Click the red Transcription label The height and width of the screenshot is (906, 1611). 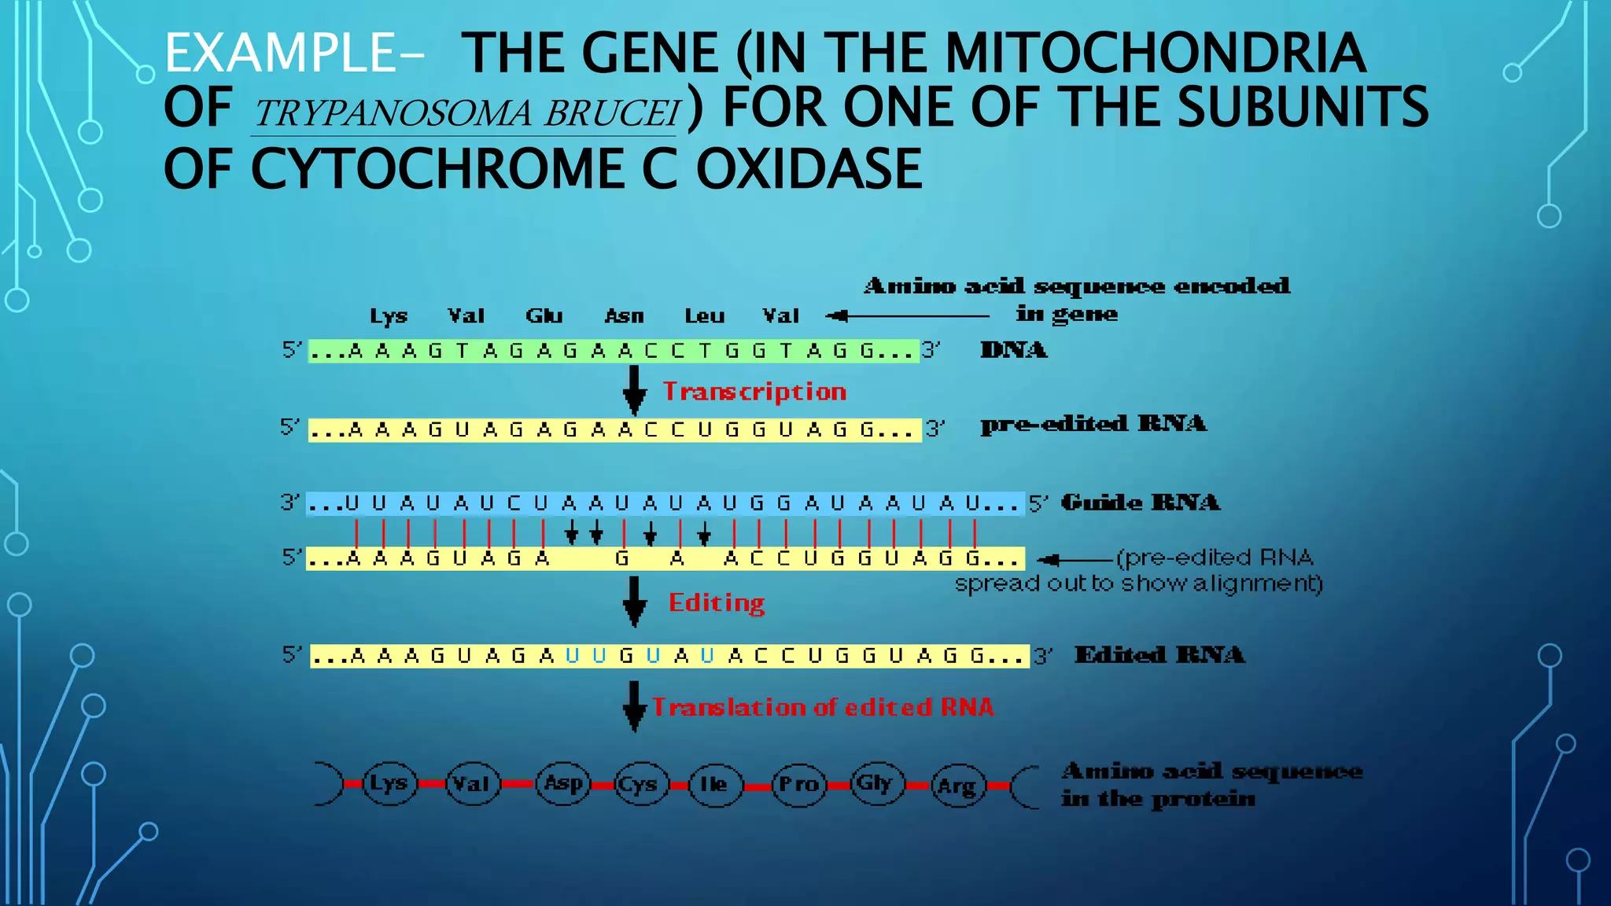(754, 392)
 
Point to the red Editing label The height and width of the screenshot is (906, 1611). (716, 603)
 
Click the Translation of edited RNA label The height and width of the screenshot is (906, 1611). (822, 707)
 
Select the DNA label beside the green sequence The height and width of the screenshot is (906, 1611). (1013, 350)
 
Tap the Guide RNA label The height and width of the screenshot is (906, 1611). (1140, 503)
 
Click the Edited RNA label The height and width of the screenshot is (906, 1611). (1159, 655)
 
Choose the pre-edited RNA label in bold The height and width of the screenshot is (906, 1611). (1093, 424)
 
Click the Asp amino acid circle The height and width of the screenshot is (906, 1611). (563, 783)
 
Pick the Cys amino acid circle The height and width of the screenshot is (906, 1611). (640, 784)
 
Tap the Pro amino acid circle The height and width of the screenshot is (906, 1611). (798, 784)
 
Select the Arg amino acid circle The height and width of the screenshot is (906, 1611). (957, 785)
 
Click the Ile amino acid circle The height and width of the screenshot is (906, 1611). (714, 784)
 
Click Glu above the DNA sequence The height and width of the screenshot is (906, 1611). (544, 316)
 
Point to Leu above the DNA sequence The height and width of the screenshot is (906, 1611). (704, 316)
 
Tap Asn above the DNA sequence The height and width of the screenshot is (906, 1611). (624, 316)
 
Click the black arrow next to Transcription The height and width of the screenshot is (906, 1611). (634, 390)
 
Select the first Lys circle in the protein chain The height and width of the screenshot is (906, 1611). (389, 783)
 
